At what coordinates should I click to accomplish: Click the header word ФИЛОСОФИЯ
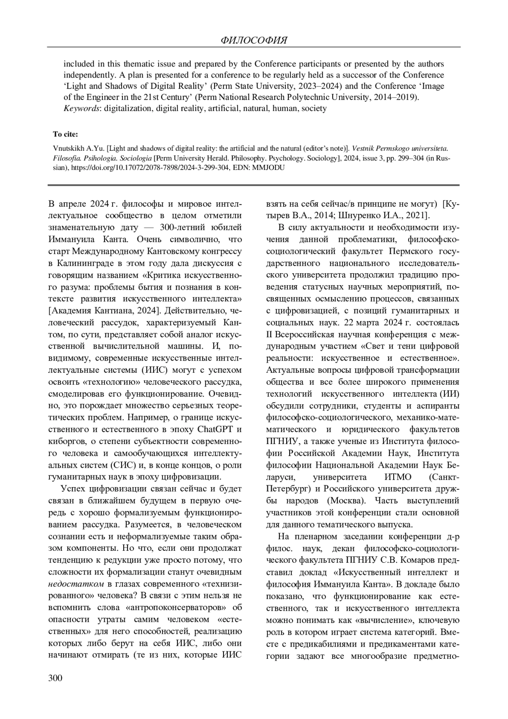pyautogui.click(x=254, y=41)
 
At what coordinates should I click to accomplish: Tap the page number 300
pyautogui.click(x=55, y=678)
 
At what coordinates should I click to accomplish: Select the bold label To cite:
pyautogui.click(x=65, y=135)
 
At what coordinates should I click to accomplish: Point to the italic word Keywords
pyautogui.click(x=82, y=108)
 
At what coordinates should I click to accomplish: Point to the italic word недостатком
pyautogui.click(x=76, y=584)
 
